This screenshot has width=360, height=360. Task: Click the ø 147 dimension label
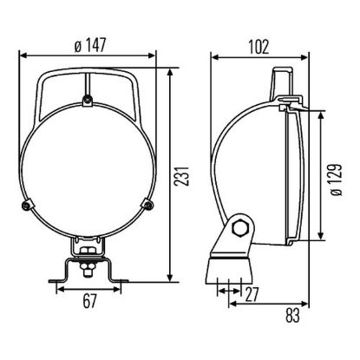pos(90,45)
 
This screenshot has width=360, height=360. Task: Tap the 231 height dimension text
pos(181,176)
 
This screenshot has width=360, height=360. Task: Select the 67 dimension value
pos(89,301)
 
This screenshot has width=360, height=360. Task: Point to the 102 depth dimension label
pos(259,47)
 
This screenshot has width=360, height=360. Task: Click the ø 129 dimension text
pos(337,180)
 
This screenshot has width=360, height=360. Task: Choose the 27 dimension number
pos(252,294)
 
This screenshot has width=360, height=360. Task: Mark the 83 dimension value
pos(292,315)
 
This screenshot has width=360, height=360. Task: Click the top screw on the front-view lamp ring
pos(88,100)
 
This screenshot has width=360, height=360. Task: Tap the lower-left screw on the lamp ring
pos(27,205)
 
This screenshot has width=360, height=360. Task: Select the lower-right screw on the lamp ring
pos(147,205)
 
